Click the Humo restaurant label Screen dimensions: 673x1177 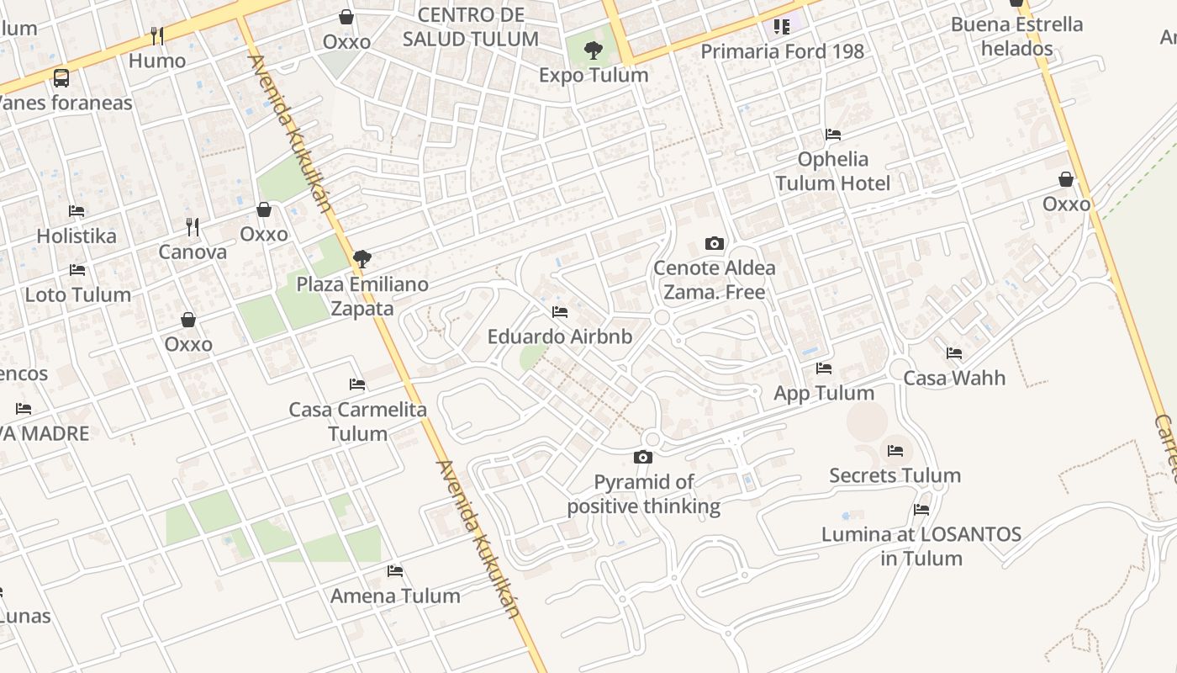pos(157,61)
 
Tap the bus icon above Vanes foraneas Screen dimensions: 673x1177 pos(61,78)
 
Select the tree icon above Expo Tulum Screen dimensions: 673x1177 pos(594,50)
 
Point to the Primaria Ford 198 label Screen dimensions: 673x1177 pos(782,51)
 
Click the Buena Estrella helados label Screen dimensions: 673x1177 pos(1016,36)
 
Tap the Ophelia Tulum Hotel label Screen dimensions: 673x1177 pos(832,171)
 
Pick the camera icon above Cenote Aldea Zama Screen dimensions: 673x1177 pos(715,244)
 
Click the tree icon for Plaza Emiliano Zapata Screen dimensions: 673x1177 pos(362,259)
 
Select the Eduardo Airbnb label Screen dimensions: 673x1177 pos(560,336)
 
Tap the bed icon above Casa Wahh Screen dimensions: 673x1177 pos(954,353)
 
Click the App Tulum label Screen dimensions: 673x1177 pos(824,393)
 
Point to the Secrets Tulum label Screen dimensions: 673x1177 pos(895,475)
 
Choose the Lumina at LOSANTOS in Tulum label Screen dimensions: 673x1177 pos(921,546)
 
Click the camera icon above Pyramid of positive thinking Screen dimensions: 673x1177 pos(643,458)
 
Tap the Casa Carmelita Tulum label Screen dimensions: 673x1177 pos(358,421)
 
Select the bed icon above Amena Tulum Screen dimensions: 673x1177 pos(395,571)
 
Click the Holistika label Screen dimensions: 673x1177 pos(77,236)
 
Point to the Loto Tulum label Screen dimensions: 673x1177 pos(78,294)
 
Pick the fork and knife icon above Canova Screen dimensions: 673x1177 pos(193,226)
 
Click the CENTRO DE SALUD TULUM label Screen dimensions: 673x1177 pos(471,27)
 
